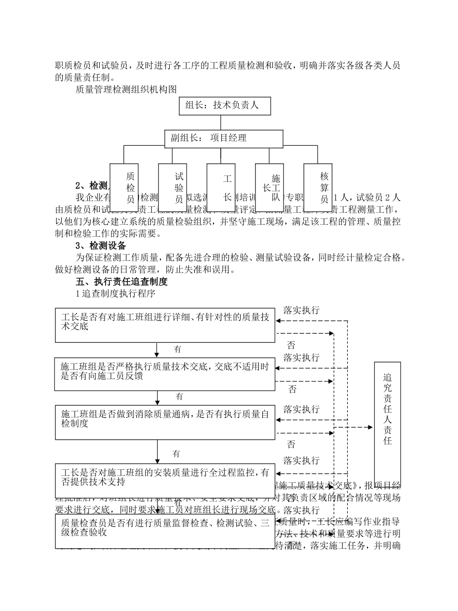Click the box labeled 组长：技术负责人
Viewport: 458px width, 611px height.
[x=225, y=106]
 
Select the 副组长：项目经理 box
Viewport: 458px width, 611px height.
[x=224, y=138]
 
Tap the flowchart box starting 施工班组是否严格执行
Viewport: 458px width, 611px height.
[x=165, y=374]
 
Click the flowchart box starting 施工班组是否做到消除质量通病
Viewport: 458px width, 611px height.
[x=165, y=422]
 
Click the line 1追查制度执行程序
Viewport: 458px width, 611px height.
[x=115, y=293]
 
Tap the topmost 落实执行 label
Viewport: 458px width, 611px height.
[x=301, y=310]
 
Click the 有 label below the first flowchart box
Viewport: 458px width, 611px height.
[x=177, y=349]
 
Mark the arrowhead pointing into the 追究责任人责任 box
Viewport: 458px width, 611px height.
[x=370, y=427]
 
